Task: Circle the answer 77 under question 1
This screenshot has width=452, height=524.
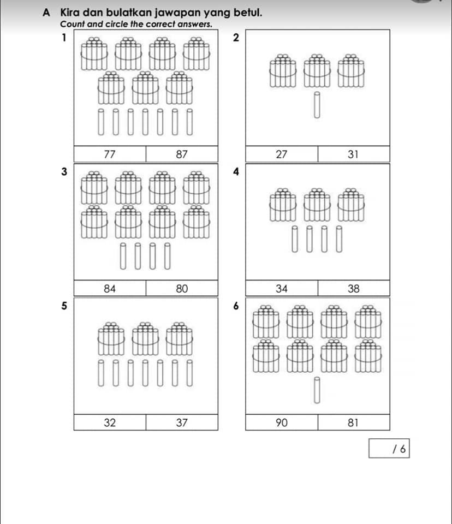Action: [110, 154]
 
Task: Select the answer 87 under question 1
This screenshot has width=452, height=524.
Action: [182, 154]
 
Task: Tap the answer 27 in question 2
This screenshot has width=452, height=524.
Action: [282, 154]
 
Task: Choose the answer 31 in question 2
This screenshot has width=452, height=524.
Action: [353, 154]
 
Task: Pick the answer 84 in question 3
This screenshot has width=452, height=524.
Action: [110, 288]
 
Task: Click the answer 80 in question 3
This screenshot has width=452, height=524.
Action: [182, 288]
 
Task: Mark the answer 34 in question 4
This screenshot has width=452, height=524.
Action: [282, 288]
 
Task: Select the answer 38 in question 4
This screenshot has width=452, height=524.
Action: [353, 288]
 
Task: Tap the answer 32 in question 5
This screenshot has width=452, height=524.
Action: [110, 422]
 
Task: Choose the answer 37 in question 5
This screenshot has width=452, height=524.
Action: [182, 422]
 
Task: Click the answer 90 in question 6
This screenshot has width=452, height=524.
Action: [282, 422]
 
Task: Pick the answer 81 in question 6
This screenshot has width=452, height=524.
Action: [353, 422]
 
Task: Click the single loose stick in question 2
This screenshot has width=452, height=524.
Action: [317, 105]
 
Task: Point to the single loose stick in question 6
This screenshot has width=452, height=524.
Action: [317, 390]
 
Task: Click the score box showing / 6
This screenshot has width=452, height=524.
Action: [389, 449]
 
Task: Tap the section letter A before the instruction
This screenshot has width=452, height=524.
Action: [46, 13]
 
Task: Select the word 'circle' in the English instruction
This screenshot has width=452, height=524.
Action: [117, 24]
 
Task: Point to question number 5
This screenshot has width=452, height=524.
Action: [64, 306]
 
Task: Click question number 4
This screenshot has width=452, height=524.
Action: [236, 172]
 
